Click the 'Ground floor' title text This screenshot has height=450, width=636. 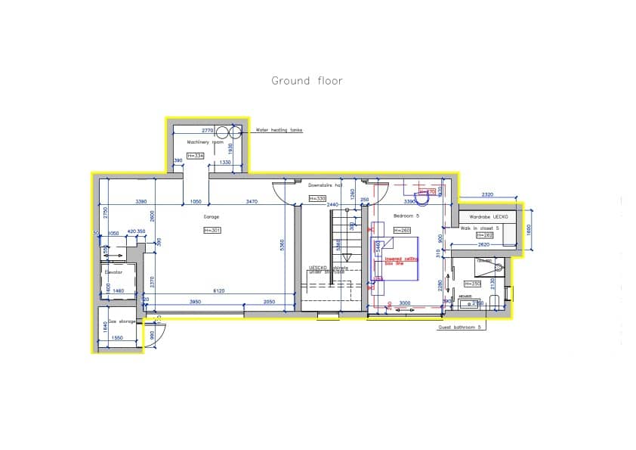307,81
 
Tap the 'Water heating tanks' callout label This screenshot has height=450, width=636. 279,130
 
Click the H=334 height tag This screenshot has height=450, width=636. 196,156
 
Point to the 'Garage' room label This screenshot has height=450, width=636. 211,217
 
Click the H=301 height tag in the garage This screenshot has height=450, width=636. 211,230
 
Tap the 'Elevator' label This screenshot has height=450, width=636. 113,272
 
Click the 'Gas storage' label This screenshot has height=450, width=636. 122,321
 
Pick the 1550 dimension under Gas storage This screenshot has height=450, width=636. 117,337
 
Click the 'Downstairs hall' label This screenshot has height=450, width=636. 326,185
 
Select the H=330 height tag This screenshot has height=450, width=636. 317,198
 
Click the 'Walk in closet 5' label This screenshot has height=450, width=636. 480,227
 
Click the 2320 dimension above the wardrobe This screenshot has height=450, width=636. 487,195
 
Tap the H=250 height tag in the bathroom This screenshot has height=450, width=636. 475,284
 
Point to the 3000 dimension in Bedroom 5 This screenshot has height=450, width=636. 405,302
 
